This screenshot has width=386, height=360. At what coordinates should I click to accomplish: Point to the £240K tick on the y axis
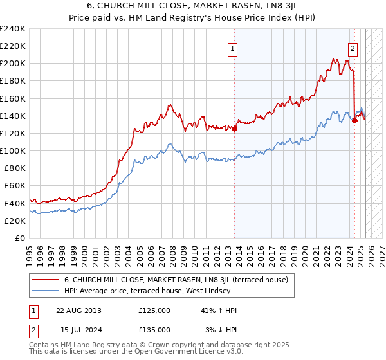13,29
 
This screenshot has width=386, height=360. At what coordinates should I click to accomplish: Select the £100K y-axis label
13,150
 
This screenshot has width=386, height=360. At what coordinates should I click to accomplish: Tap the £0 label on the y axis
21,238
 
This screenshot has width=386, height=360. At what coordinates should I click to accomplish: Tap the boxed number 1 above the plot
232,47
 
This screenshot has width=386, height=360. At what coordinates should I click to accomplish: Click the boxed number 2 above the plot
353,47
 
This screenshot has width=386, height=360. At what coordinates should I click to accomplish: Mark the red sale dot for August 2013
235,129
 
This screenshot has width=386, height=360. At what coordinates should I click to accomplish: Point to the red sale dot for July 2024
355,120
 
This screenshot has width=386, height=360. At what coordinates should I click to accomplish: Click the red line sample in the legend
46,280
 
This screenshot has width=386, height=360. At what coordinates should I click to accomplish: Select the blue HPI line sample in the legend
46,291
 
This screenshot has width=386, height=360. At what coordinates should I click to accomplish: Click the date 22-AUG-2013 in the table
78,310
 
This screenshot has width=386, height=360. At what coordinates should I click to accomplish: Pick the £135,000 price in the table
154,329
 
